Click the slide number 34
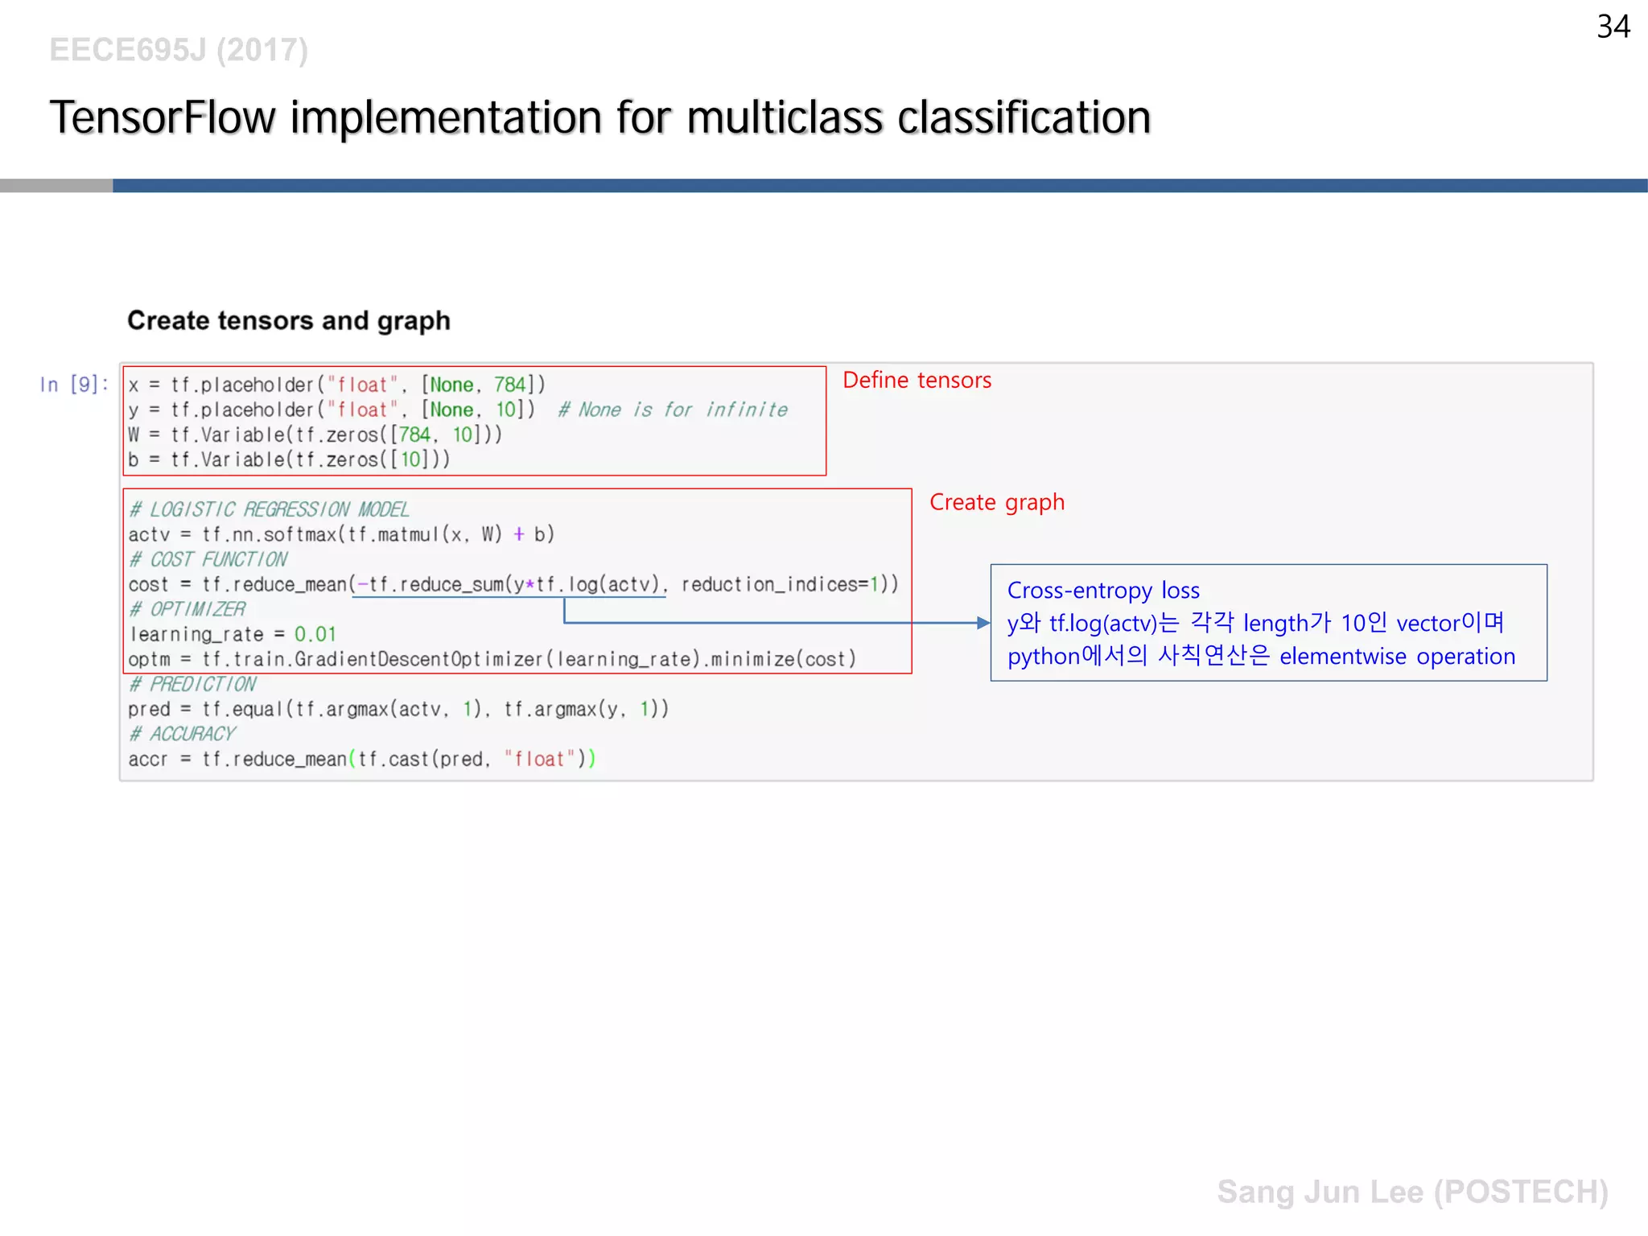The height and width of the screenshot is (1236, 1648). coord(1613,27)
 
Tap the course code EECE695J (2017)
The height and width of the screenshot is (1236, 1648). coord(179,50)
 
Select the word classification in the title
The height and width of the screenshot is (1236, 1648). coord(1024,117)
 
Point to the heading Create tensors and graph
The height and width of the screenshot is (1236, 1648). coord(289,320)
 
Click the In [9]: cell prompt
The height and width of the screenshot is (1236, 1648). coord(73,385)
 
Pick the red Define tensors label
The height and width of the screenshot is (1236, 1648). coord(917,380)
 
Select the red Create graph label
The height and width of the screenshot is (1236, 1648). coord(996,502)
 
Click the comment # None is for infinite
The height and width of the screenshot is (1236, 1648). coord(673,410)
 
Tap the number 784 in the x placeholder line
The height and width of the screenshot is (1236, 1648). coord(510,385)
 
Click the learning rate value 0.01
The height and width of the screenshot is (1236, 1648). coord(315,634)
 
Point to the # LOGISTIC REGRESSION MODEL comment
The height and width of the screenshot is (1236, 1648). coord(270,509)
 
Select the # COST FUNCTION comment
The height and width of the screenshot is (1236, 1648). coord(208,559)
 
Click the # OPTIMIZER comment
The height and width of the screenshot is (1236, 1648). coord(187,609)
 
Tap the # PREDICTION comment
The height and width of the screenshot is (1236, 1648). coord(193,684)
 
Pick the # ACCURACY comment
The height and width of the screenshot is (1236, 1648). coord(183,734)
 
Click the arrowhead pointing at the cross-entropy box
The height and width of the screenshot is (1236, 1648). coord(983,623)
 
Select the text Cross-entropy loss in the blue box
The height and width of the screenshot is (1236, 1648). coord(1102,591)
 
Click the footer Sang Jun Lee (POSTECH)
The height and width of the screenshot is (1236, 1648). coord(1412,1192)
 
